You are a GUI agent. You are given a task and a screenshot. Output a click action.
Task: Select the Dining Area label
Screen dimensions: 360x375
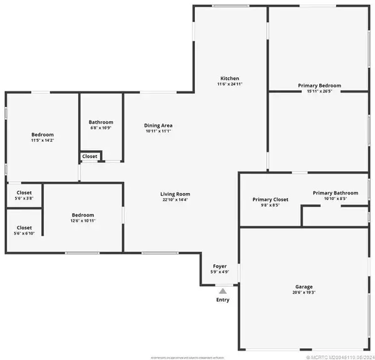click(x=159, y=126)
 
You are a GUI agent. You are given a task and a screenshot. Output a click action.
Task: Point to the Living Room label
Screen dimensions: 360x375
click(x=175, y=194)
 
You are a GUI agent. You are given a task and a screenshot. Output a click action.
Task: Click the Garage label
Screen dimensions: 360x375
click(x=304, y=286)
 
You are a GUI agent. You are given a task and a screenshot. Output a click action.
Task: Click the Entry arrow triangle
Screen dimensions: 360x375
click(x=223, y=290)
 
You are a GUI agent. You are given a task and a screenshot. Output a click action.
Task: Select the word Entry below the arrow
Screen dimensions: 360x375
click(x=223, y=300)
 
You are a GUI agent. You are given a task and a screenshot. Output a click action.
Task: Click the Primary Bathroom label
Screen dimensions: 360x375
click(x=336, y=193)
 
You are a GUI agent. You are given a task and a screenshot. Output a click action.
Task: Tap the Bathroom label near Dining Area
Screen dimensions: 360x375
click(x=101, y=122)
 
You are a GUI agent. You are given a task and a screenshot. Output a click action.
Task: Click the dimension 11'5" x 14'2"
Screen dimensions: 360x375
click(x=42, y=141)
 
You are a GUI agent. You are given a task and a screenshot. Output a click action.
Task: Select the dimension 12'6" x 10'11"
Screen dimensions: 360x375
click(x=82, y=220)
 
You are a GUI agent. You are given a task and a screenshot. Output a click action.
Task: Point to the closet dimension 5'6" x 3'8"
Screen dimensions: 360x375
click(x=24, y=198)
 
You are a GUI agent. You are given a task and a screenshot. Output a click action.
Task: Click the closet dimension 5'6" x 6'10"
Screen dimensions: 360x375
click(x=24, y=233)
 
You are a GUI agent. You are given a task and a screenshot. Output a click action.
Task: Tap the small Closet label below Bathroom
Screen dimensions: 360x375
click(x=89, y=156)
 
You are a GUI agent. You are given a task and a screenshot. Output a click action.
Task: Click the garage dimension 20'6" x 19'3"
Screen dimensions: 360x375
click(x=304, y=292)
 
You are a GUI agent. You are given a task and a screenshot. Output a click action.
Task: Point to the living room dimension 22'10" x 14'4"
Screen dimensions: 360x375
click(x=175, y=200)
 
